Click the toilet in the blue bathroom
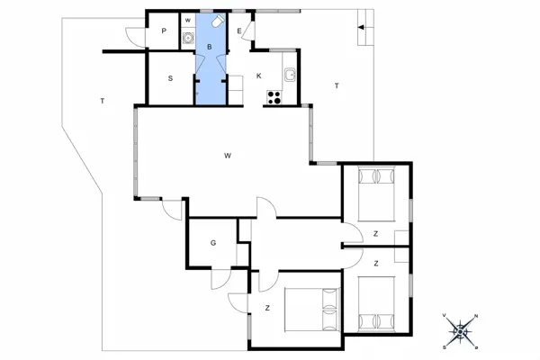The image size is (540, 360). (218, 21)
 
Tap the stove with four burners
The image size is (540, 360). (274, 97)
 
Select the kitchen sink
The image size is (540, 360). (291, 75)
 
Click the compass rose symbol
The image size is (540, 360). (461, 331)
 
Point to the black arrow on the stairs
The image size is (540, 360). (361, 27)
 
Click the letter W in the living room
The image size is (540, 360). (228, 156)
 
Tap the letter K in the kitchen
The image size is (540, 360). (258, 76)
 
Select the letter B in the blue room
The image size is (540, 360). (210, 47)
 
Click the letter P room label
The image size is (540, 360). (164, 31)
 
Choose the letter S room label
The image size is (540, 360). (170, 78)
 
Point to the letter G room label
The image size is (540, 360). (213, 243)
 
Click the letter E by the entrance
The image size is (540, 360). (239, 31)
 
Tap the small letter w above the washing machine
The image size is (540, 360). (188, 21)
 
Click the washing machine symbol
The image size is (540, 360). (188, 38)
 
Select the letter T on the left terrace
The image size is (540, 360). (103, 101)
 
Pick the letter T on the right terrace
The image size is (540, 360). (337, 85)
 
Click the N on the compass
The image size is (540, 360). (476, 316)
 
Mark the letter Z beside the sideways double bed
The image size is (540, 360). (267, 308)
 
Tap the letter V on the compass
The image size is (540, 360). (445, 315)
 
